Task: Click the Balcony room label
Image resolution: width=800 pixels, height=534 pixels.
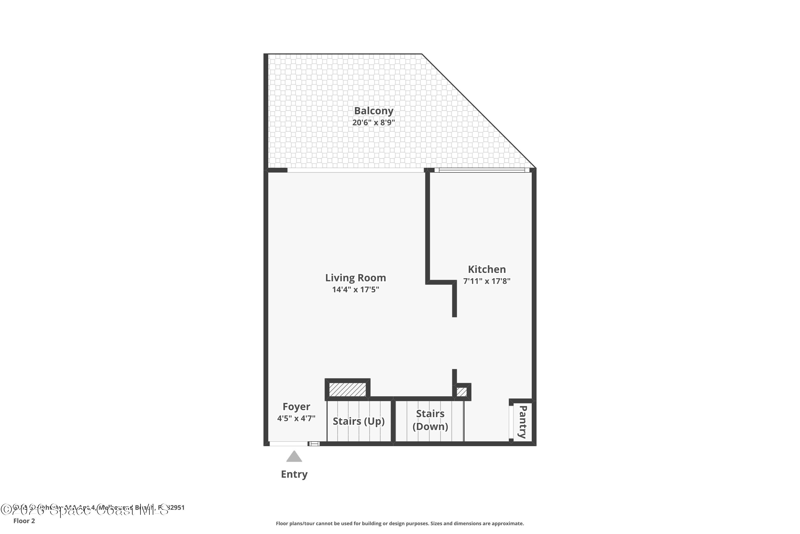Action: (374, 111)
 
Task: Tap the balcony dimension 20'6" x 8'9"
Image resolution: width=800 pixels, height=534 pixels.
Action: (374, 123)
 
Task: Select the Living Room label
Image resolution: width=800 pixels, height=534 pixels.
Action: (355, 278)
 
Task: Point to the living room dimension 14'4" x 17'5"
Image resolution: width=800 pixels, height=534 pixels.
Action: (355, 290)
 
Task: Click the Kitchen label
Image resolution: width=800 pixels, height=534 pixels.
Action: (487, 269)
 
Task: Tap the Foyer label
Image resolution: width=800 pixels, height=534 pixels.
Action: (296, 407)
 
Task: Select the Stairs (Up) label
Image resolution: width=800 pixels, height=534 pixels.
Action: (358, 421)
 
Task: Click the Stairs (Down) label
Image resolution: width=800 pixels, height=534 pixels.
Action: (430, 420)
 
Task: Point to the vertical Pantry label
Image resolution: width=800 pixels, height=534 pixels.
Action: (523, 422)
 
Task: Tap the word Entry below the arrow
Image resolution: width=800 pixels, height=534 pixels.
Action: (294, 474)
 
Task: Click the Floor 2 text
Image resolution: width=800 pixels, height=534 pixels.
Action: (24, 521)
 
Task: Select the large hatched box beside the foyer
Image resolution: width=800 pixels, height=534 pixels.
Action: (347, 390)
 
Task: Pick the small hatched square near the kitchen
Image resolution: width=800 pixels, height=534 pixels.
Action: (462, 392)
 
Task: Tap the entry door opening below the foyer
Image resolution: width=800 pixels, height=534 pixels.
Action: (289, 444)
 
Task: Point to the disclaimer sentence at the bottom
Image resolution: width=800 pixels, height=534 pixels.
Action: (400, 523)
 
